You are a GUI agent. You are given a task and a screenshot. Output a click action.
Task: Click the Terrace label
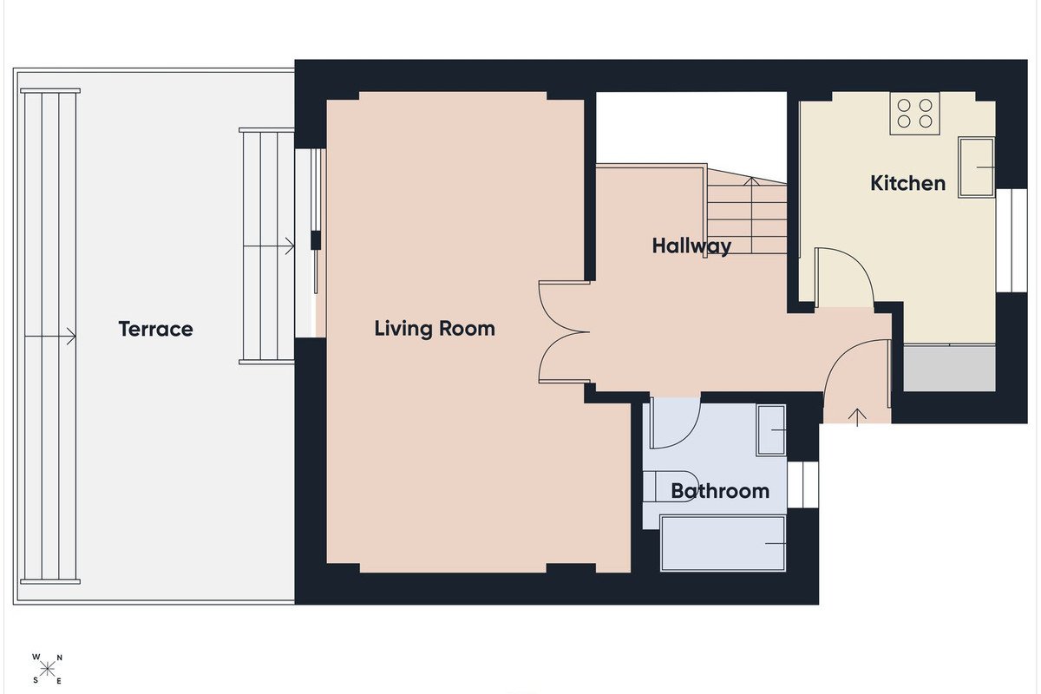(155, 329)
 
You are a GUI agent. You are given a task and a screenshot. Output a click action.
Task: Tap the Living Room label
(435, 329)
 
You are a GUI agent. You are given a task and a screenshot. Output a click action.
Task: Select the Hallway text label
(691, 246)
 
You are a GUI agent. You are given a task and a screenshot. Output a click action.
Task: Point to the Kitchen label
(907, 183)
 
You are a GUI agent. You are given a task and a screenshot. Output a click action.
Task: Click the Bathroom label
(720, 491)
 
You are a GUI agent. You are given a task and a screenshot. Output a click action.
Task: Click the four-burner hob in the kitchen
(914, 114)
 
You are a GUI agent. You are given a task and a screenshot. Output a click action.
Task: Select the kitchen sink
(976, 167)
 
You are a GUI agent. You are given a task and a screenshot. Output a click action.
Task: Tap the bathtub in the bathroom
(723, 543)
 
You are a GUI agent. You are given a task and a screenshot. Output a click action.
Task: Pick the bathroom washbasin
(771, 430)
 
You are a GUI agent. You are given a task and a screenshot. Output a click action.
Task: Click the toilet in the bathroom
(671, 487)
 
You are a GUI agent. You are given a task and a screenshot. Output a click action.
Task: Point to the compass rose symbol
(47, 670)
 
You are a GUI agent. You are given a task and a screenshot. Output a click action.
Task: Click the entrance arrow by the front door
(857, 417)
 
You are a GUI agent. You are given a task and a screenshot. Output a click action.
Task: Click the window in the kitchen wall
(1012, 239)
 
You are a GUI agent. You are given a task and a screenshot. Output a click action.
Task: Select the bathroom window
(802, 485)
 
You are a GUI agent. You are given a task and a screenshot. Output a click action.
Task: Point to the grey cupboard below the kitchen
(949, 368)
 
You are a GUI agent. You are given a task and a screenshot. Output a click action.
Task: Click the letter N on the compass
(60, 658)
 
